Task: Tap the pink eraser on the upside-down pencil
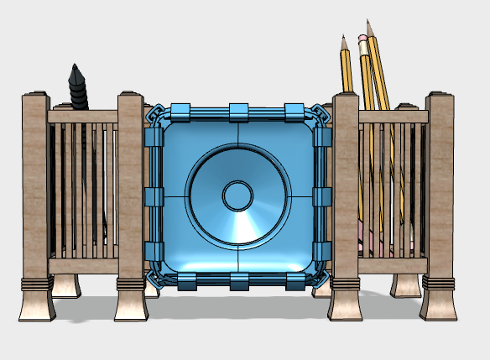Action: click(x=362, y=38)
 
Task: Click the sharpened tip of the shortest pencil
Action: click(x=343, y=39)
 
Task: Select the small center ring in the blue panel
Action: click(x=237, y=196)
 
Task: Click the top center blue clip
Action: click(x=237, y=111)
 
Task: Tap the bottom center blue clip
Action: click(x=237, y=281)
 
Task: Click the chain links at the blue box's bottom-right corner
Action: click(x=320, y=278)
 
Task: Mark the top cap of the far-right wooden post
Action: click(x=440, y=94)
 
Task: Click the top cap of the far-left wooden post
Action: click(x=35, y=95)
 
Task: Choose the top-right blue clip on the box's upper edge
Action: click(x=294, y=111)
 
